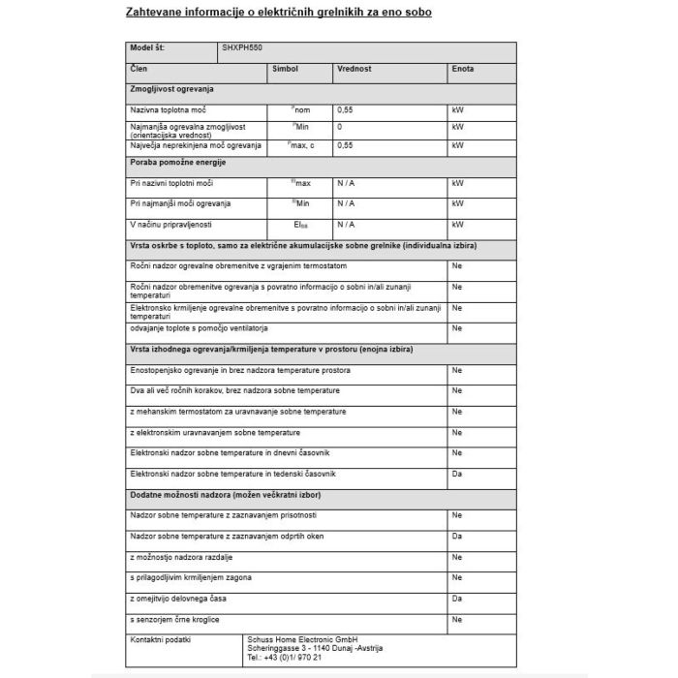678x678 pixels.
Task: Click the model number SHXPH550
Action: pos(242,48)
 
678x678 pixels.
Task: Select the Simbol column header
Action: pos(286,70)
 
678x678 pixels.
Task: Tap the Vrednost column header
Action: pos(354,70)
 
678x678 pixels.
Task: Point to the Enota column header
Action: pos(463,70)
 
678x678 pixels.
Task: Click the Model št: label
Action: pos(149,48)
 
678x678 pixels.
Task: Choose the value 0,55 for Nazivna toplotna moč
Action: pos(346,110)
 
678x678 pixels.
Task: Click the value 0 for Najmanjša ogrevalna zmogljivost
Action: pos(340,127)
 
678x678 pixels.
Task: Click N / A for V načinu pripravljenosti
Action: pos(346,224)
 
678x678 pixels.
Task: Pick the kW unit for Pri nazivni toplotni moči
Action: pos(458,183)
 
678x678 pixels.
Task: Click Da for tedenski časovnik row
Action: pos(457,474)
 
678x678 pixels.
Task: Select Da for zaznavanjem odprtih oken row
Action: pos(457,536)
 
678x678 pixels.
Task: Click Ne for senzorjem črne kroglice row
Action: pos(457,618)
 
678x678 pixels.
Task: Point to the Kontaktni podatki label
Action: pos(160,639)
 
